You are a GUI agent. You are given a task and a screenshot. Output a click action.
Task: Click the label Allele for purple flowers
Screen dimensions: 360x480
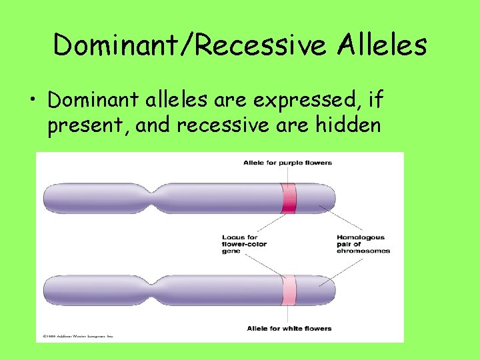click(x=287, y=163)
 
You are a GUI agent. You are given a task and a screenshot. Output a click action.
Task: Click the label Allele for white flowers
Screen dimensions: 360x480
click(x=289, y=329)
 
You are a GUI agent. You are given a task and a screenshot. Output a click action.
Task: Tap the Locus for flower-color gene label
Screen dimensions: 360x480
click(x=244, y=244)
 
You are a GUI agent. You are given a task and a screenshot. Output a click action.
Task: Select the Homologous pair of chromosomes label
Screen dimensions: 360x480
click(x=363, y=244)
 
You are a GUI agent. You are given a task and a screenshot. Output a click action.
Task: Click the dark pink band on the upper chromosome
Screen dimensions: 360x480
click(x=289, y=198)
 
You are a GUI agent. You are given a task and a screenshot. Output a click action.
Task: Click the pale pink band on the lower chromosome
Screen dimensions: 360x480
click(x=289, y=291)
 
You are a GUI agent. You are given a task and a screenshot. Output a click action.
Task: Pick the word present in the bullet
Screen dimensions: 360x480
click(x=87, y=124)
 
